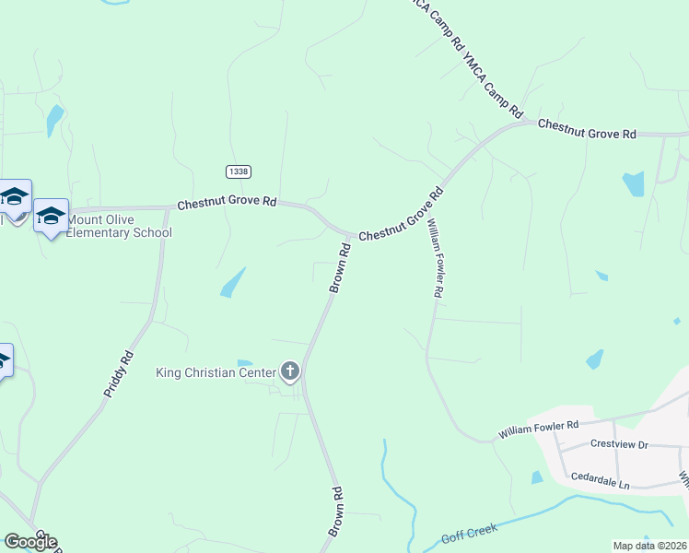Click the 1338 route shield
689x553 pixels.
click(237, 171)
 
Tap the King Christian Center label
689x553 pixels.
click(216, 372)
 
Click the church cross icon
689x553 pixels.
click(290, 372)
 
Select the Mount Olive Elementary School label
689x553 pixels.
click(119, 227)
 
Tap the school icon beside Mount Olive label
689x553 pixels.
click(51, 217)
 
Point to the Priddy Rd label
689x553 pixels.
click(118, 374)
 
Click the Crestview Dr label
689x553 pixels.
click(619, 444)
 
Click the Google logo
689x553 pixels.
click(29, 541)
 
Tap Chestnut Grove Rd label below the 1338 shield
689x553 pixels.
click(228, 202)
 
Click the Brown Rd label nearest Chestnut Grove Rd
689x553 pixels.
click(340, 268)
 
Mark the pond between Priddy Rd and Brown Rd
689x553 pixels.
click(233, 282)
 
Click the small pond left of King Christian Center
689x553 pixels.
click(244, 362)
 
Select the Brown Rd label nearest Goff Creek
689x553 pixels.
click(336, 512)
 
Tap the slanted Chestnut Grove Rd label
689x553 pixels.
click(402, 216)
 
